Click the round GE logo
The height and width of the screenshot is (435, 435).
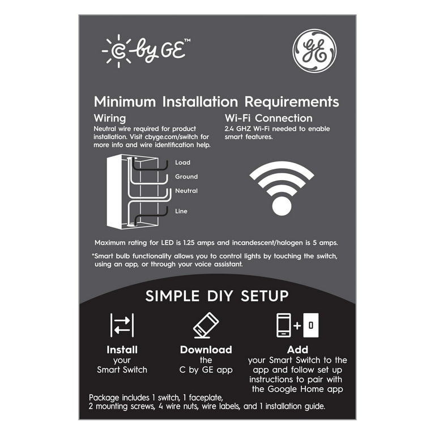coord(314,51)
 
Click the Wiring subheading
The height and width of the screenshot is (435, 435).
coord(110,118)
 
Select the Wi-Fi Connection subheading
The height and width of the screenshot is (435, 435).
coord(268,118)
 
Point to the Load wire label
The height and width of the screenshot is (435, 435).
coord(182,163)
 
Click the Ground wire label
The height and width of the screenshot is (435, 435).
coord(186,177)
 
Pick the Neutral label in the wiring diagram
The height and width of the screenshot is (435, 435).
coord(186,191)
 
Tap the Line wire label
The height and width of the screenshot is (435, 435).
coord(181,211)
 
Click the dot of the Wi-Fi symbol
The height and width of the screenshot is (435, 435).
coord(282,206)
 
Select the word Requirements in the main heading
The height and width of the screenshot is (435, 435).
coord(292,102)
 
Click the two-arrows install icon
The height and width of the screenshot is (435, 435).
coord(122,325)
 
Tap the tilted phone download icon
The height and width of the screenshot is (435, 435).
coord(206,325)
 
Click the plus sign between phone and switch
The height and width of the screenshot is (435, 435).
coord(297,325)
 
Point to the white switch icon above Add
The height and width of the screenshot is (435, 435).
coord(311,325)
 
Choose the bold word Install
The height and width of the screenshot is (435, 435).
coord(122,350)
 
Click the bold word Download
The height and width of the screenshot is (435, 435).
coord(206,350)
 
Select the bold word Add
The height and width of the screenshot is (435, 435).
coord(298,349)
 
